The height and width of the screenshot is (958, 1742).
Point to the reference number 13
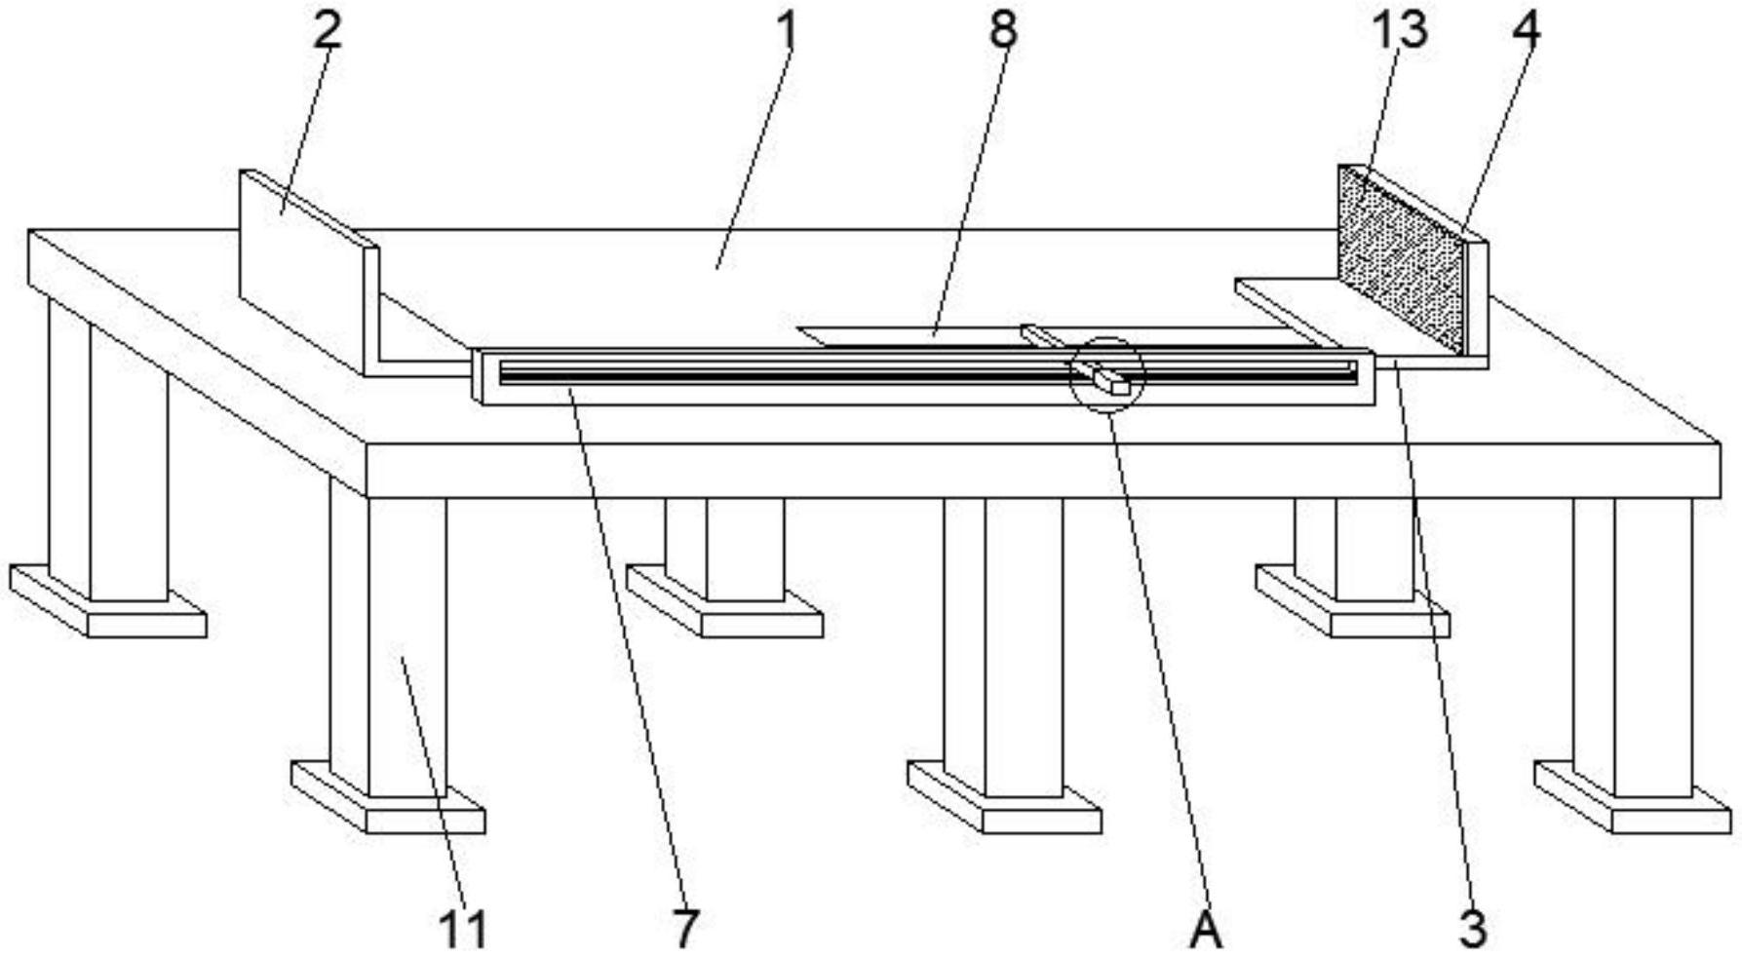tap(1399, 30)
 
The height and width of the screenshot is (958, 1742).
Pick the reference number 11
tap(462, 928)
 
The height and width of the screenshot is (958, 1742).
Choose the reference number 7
tap(685, 928)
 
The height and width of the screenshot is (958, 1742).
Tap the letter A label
tap(1206, 930)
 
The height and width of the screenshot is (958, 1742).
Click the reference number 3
tap(1472, 928)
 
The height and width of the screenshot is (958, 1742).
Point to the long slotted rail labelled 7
tap(780, 375)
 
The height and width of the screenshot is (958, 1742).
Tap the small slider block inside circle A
tap(1111, 379)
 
